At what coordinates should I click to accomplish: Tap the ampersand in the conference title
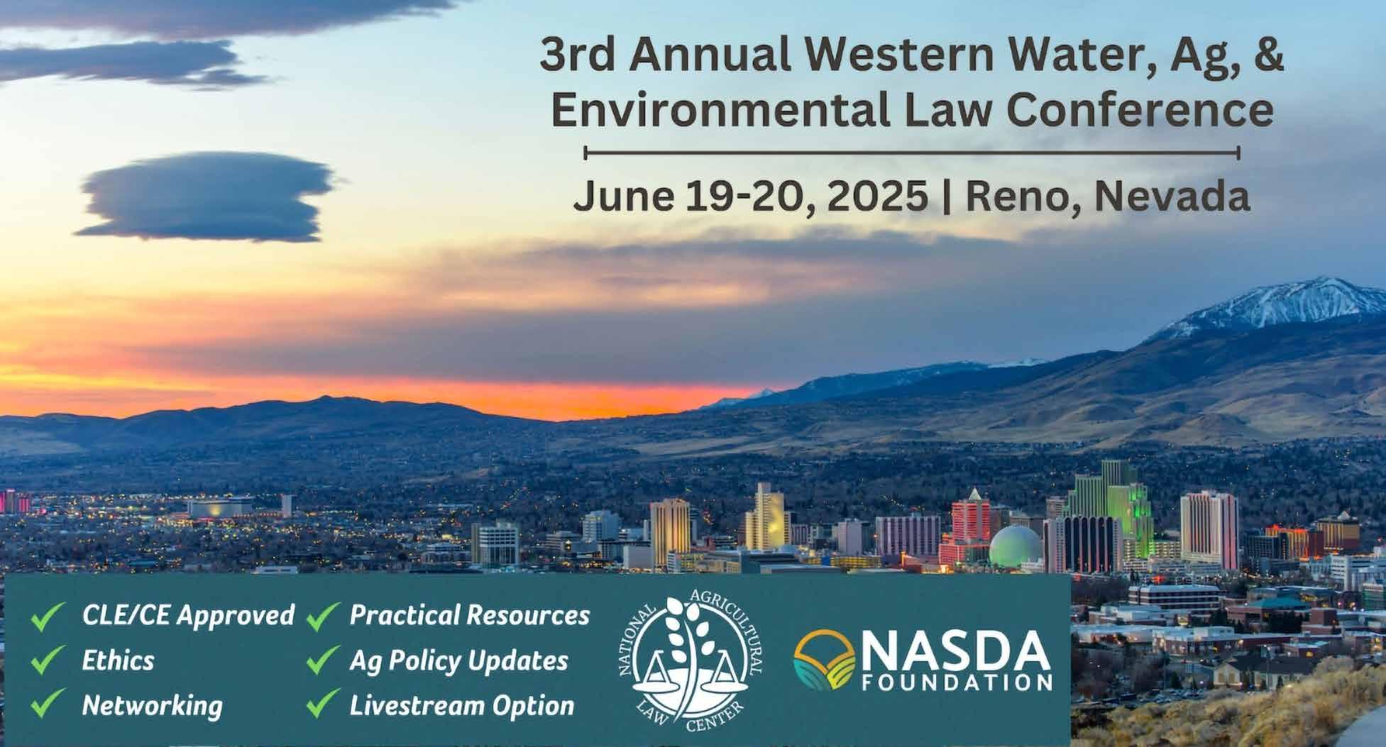point(1267,55)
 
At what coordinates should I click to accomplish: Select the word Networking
point(152,706)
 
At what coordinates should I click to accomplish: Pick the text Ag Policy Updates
point(458,661)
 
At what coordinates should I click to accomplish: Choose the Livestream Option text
point(461,706)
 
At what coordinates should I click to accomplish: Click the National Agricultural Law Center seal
point(689,661)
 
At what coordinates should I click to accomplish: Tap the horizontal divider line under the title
point(912,153)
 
